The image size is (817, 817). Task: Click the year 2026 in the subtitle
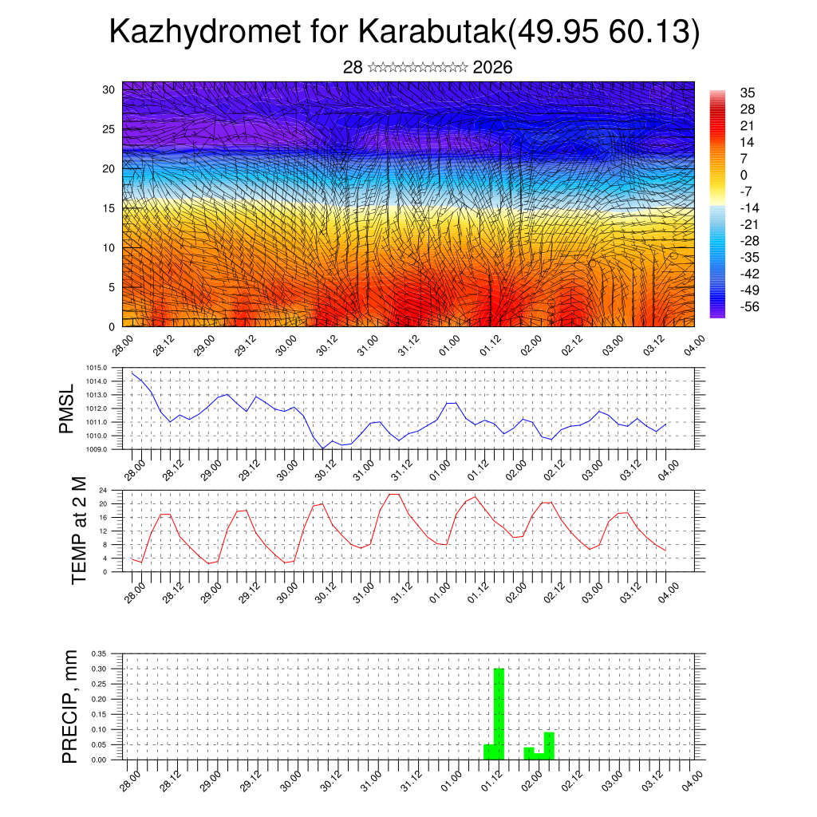tap(492, 68)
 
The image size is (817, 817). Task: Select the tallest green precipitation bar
tap(499, 713)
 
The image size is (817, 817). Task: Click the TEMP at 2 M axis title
tap(78, 531)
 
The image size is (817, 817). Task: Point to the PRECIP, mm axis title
tap(70, 706)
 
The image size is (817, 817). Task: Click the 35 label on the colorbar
tap(748, 93)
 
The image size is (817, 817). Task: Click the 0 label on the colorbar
tap(744, 176)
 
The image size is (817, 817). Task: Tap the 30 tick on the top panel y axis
tap(109, 89)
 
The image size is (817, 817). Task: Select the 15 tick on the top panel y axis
tap(109, 208)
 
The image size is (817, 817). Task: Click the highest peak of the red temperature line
tap(393, 494)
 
